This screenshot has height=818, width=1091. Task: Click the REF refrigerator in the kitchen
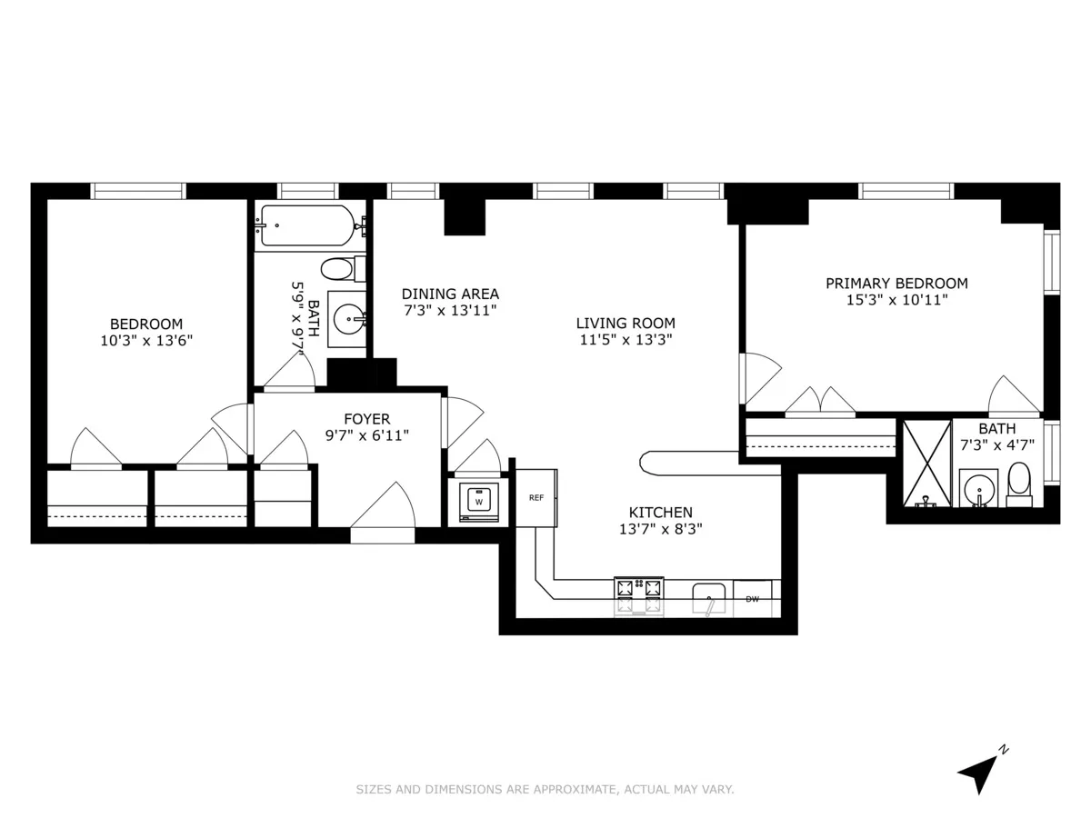[536, 497]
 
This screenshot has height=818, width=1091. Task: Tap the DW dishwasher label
[752, 599]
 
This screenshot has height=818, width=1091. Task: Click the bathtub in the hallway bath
[307, 224]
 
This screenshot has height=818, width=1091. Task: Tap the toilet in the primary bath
[1019, 484]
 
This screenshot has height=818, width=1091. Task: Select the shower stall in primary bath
[926, 464]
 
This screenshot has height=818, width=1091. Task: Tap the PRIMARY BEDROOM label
[896, 284]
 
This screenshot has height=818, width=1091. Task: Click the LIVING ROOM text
[626, 323]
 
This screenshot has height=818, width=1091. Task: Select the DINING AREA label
[450, 294]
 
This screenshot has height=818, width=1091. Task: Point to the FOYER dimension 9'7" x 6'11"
[366, 435]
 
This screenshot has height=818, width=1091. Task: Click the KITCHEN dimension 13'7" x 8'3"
[661, 528]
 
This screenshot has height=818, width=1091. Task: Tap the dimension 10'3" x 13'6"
[146, 341]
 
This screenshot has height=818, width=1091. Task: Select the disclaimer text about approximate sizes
[545, 790]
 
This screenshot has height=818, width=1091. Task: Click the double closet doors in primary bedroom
[820, 403]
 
